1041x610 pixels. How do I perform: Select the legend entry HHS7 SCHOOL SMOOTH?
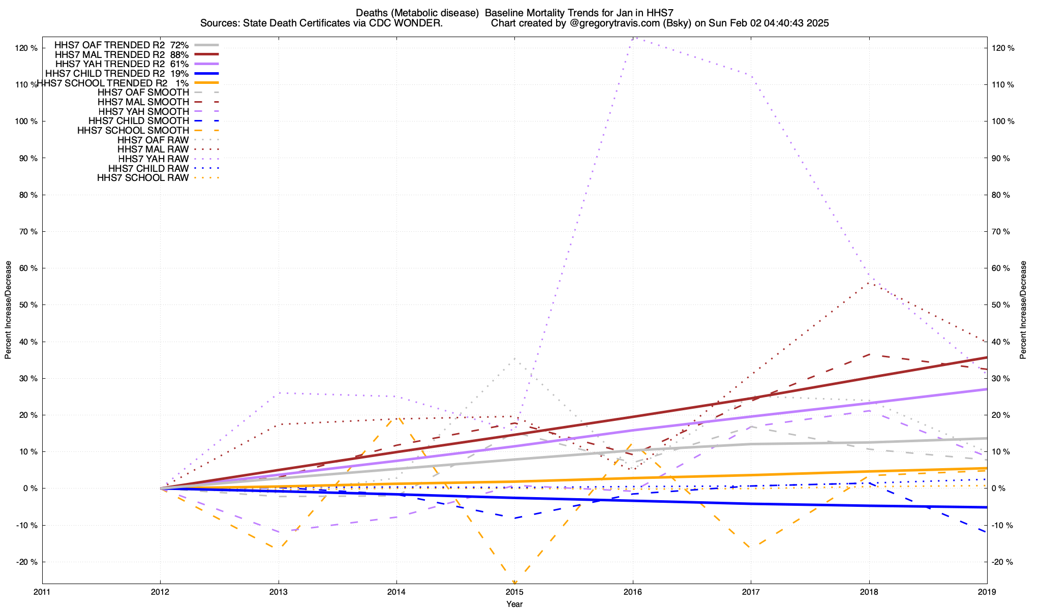[x=133, y=131]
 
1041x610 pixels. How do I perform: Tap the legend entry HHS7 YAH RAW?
[x=153, y=159]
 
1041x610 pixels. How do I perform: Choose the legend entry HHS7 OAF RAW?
[x=153, y=140]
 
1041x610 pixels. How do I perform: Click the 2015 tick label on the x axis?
[x=514, y=592]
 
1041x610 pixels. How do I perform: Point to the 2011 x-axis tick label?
[x=42, y=592]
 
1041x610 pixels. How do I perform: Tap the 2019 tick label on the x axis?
[x=987, y=592]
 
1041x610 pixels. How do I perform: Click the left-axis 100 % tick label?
[x=26, y=121]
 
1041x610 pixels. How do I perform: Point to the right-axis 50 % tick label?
[x=1002, y=305]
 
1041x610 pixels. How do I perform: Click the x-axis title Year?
[x=514, y=604]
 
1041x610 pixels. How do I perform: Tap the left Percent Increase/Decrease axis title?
[x=8, y=310]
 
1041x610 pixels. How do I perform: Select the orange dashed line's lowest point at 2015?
[x=514, y=583]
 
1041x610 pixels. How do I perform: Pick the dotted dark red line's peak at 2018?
[x=869, y=283]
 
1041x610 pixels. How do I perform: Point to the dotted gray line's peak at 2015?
[x=514, y=359]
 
